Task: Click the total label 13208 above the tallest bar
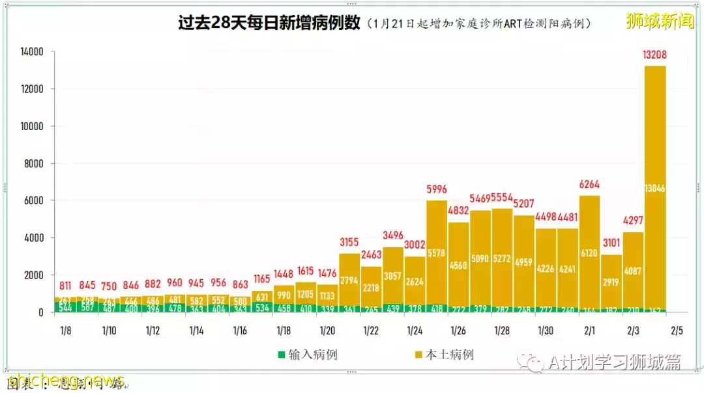point(654,55)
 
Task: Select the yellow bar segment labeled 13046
point(654,189)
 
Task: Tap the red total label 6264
point(589,184)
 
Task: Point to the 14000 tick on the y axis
point(32,51)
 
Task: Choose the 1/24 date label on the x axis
point(415,331)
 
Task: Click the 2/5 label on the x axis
point(677,331)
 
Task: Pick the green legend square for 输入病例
point(282,355)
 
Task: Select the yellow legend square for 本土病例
point(418,355)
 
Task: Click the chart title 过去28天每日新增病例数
point(269,23)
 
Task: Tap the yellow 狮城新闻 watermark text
point(659,21)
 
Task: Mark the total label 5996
point(436,189)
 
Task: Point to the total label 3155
point(349,243)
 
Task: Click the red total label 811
point(65,285)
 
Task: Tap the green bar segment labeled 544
point(65,307)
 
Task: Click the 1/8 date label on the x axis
point(65,331)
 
